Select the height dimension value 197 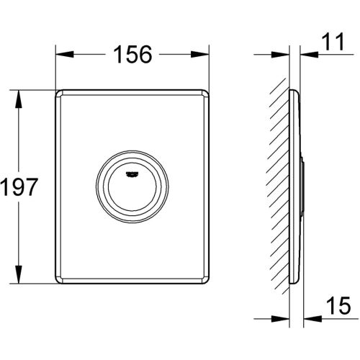pos(18,188)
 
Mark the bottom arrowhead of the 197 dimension pos(18,282)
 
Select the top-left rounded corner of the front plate pos(58,92)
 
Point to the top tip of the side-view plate pos(290,91)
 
